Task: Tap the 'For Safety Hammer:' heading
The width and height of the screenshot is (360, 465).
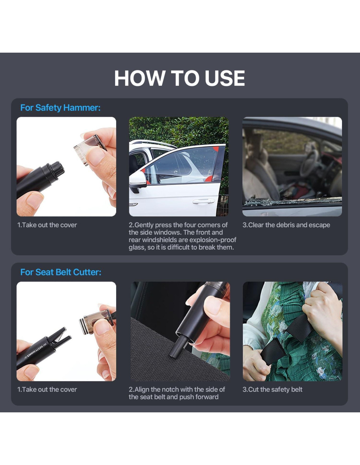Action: [60, 108]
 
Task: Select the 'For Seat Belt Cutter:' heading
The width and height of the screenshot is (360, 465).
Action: [61, 272]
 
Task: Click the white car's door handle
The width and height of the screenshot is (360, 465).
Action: [204, 201]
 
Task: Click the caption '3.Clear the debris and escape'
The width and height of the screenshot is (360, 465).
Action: [286, 225]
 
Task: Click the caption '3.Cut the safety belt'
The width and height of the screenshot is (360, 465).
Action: [272, 389]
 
